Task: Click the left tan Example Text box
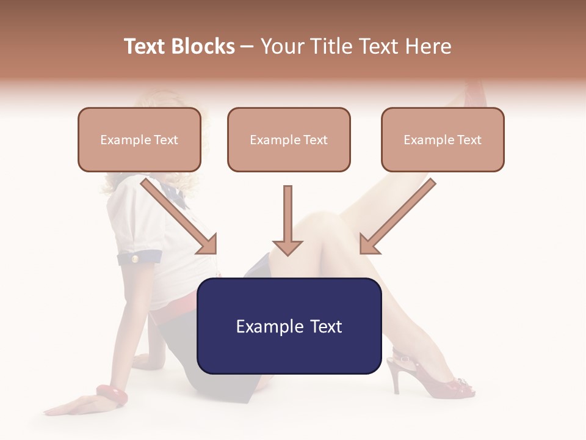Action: pos(139,140)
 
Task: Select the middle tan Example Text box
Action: pos(289,140)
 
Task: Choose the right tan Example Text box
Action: pos(443,140)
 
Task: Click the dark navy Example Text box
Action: pos(289,326)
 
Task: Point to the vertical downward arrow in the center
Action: pos(288,220)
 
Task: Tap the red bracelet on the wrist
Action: pos(112,395)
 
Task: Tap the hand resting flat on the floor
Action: pos(73,406)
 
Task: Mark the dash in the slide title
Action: pos(247,46)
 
